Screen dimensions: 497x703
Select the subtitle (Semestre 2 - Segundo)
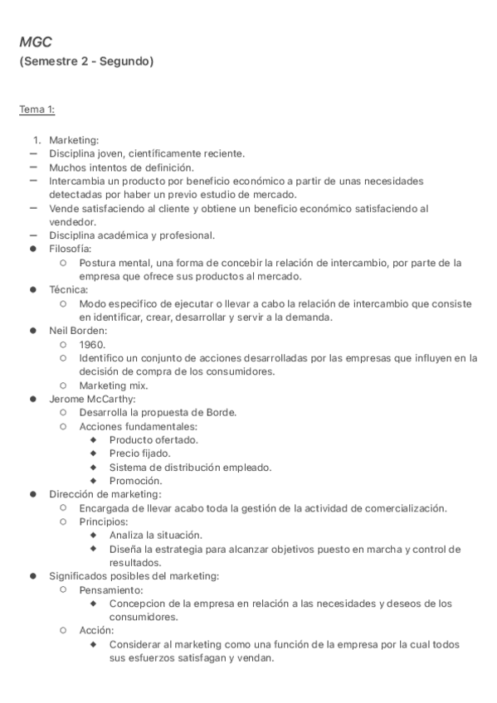click(x=86, y=61)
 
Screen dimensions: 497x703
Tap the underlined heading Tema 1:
click(x=37, y=109)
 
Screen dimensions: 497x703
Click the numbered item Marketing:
click(x=74, y=140)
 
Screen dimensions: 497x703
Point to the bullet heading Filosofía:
click(x=71, y=248)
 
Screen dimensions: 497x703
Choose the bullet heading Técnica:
click(x=69, y=289)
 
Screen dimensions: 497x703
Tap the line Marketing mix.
click(x=114, y=385)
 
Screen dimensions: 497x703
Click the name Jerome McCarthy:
click(x=92, y=399)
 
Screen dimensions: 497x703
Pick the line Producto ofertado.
click(x=153, y=439)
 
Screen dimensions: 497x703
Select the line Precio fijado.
click(x=139, y=453)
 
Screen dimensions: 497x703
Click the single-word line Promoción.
click(x=135, y=480)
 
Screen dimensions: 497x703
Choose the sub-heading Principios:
click(x=104, y=521)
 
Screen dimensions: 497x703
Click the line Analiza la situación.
click(x=155, y=535)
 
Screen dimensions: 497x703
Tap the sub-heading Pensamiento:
click(x=111, y=589)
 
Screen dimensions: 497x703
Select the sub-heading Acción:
click(x=97, y=630)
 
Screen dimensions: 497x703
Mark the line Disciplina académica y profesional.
click(x=132, y=235)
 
